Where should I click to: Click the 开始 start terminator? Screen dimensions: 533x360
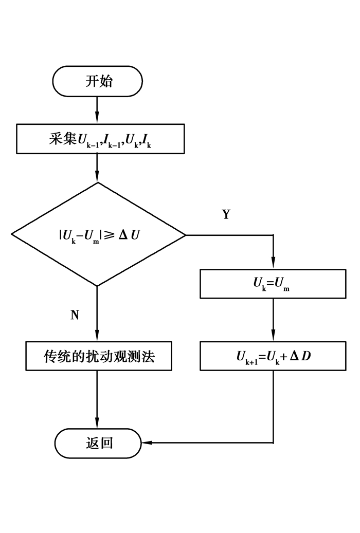pyautogui.click(x=98, y=81)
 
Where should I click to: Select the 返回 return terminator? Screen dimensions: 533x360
pyautogui.click(x=98, y=443)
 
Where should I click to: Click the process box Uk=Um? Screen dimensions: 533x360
pyautogui.click(x=273, y=283)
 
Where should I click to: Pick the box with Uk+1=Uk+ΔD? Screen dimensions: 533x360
pyautogui.click(x=273, y=356)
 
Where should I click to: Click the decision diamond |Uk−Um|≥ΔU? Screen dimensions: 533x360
pyautogui.click(x=98, y=235)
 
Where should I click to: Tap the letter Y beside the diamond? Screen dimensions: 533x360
pyautogui.click(x=226, y=215)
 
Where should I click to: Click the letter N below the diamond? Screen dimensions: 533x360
pyautogui.click(x=75, y=315)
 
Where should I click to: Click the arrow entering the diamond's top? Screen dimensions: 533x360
pyautogui.click(x=98, y=169)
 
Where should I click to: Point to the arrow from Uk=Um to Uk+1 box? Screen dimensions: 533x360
pyautogui.click(x=273, y=320)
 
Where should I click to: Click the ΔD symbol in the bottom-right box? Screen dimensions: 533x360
pyautogui.click(x=301, y=356)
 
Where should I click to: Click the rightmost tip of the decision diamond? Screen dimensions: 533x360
pyautogui.click(x=185, y=235)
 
